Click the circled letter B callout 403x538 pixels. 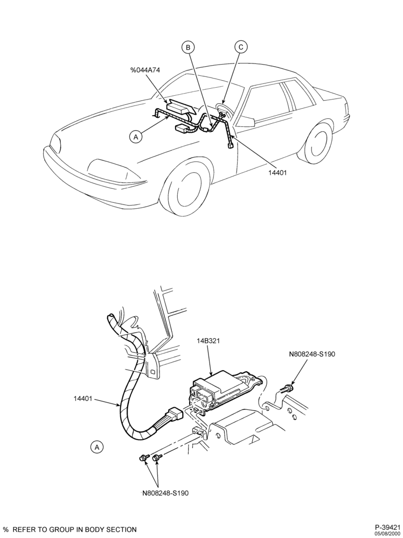pyautogui.click(x=188, y=47)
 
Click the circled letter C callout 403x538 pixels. pyautogui.click(x=241, y=47)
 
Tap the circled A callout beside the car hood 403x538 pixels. pyautogui.click(x=136, y=137)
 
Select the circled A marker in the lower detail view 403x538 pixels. pyautogui.click(x=97, y=447)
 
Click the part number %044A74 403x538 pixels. pyautogui.click(x=144, y=70)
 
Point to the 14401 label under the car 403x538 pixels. pyautogui.click(x=277, y=173)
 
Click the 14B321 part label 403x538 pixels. pyautogui.click(x=208, y=341)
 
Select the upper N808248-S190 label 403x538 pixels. pyautogui.click(x=312, y=354)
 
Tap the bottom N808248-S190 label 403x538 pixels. pyautogui.click(x=165, y=493)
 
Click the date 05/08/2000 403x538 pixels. pyautogui.click(x=387, y=534)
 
